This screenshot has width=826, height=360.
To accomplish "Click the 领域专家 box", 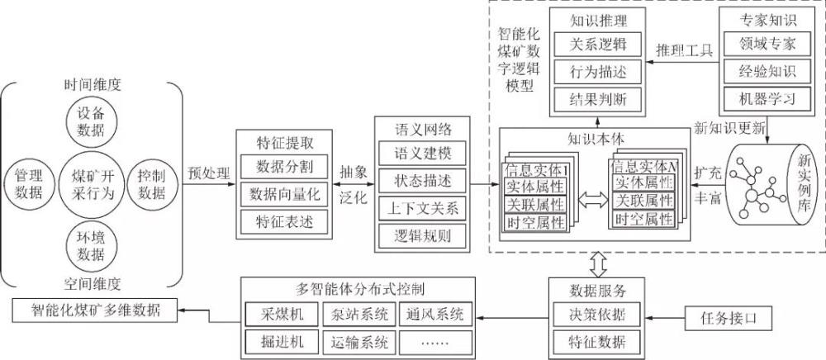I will point(757,42).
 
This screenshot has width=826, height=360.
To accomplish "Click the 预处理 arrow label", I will point(208,173).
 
